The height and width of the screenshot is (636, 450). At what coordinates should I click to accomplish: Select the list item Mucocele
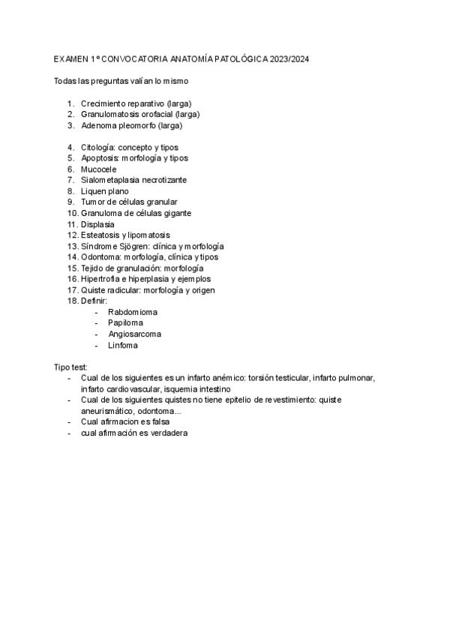point(98,169)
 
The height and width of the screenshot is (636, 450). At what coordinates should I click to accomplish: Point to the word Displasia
point(97,224)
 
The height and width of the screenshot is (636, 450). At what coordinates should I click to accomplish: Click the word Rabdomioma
point(133,311)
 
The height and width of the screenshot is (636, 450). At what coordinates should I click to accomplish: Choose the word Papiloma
point(125,322)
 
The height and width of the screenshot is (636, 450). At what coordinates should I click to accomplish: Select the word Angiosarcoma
point(134,334)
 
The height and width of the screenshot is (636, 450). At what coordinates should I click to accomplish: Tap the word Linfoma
point(123,345)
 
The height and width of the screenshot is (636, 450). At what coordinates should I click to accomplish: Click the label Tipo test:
point(71,367)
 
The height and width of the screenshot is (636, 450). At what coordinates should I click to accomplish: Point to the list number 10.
point(72,213)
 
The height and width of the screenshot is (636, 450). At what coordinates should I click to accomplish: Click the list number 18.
point(72,301)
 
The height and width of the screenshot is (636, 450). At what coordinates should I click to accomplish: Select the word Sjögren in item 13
point(133,246)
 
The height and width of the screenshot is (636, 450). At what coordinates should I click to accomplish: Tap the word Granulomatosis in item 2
point(110,114)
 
